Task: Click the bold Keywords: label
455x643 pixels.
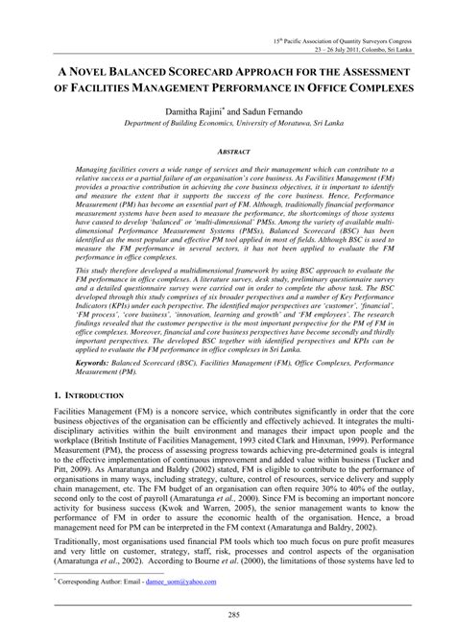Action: (x=80, y=392)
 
